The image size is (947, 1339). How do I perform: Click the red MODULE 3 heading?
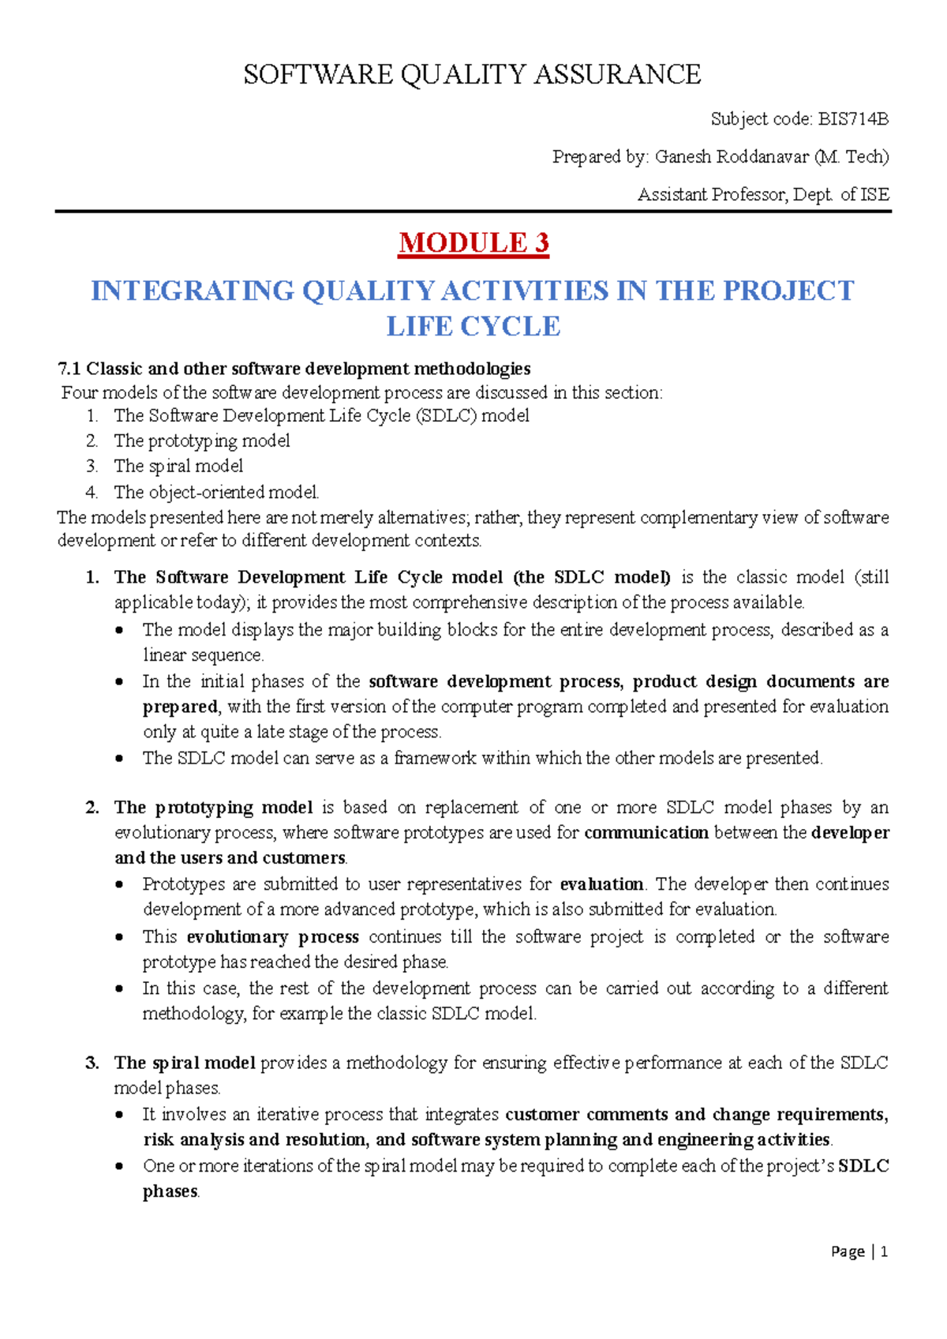point(473,242)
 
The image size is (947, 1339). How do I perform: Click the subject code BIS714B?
point(853,119)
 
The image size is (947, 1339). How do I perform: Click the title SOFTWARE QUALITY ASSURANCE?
point(472,74)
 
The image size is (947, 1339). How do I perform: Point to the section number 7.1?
point(69,369)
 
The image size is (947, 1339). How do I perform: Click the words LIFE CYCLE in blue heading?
point(473,326)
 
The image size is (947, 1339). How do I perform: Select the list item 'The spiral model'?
point(178,466)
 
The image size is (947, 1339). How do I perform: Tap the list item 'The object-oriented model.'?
point(216,492)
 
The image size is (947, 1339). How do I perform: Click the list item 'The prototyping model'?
point(202,441)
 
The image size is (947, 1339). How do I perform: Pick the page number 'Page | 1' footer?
point(859,1251)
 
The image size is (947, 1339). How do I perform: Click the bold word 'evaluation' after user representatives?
point(601,884)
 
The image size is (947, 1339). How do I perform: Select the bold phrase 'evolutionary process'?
point(272,937)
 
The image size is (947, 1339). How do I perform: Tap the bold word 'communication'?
point(646,833)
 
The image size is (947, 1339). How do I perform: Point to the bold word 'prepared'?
point(180,707)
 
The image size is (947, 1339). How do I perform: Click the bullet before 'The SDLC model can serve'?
point(119,759)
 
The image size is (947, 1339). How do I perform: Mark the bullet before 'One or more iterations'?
point(119,1166)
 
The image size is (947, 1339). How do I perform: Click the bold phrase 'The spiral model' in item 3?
point(185,1063)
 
